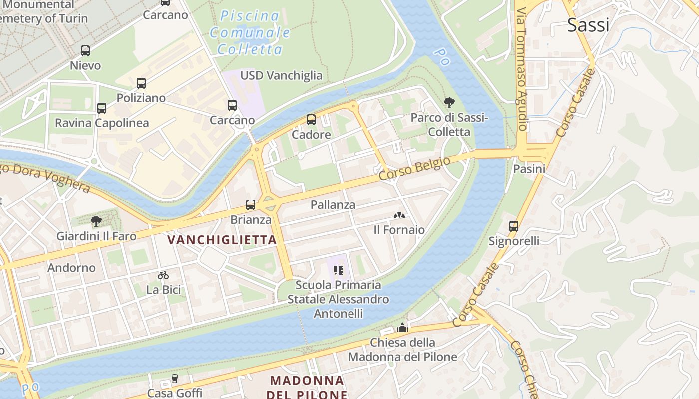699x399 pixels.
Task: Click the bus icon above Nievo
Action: [85, 50]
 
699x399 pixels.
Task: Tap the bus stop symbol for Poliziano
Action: [141, 83]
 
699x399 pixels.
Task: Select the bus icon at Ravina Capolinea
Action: [102, 108]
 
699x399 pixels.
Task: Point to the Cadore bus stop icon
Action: [311, 120]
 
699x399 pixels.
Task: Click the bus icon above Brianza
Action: [251, 204]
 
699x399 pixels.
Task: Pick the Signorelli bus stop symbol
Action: [514, 226]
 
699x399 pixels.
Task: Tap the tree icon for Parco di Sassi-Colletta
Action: [449, 103]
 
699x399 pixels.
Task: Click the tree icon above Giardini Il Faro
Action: [96, 221]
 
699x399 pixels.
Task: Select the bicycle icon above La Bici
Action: [163, 275]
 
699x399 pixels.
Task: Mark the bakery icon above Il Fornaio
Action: [399, 215]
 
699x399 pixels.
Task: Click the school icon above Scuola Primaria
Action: [339, 270]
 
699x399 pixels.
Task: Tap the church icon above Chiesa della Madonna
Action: [402, 328]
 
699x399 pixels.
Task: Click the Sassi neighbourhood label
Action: [588, 25]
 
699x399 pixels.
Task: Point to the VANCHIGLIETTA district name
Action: [222, 240]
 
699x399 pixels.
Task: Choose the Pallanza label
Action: [333, 204]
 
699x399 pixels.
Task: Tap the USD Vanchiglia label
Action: [282, 75]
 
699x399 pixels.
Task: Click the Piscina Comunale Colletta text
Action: [250, 32]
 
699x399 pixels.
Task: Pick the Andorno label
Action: [71, 268]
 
